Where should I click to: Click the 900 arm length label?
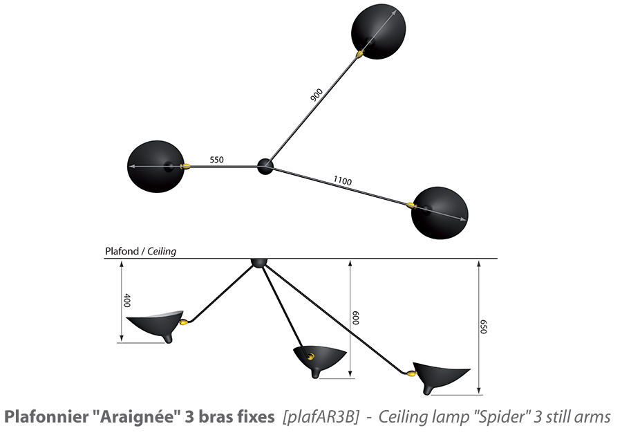pos(316,95)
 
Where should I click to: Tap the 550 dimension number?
pos(216,160)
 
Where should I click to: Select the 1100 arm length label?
pos(342,181)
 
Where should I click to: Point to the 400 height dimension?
pos(127,300)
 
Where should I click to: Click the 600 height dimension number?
pos(355,318)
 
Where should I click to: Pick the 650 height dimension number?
pos(483,326)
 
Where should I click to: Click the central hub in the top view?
pos(265,166)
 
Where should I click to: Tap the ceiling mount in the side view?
pos(259,263)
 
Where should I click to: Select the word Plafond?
pos(122,251)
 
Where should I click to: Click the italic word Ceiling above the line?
pos(162,252)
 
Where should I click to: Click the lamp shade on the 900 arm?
pos(379,32)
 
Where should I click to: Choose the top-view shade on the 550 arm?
pos(156,167)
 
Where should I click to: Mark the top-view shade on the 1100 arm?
pos(440,213)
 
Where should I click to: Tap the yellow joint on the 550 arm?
pos(185,166)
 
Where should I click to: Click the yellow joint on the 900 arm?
pos(360,53)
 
